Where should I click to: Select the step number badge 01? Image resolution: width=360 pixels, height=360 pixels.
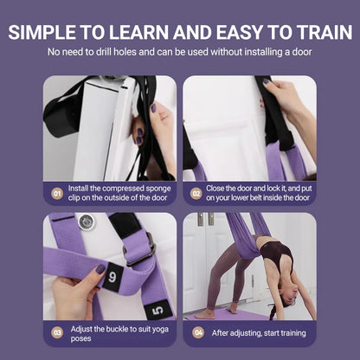pyautogui.click(x=58, y=193)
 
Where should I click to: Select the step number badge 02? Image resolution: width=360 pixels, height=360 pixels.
pyautogui.click(x=197, y=193)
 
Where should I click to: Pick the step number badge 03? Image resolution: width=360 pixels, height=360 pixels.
pyautogui.click(x=58, y=331)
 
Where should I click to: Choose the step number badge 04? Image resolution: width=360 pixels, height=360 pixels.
pyautogui.click(x=197, y=331)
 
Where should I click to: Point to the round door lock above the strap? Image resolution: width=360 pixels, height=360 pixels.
pyautogui.click(x=85, y=222)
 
